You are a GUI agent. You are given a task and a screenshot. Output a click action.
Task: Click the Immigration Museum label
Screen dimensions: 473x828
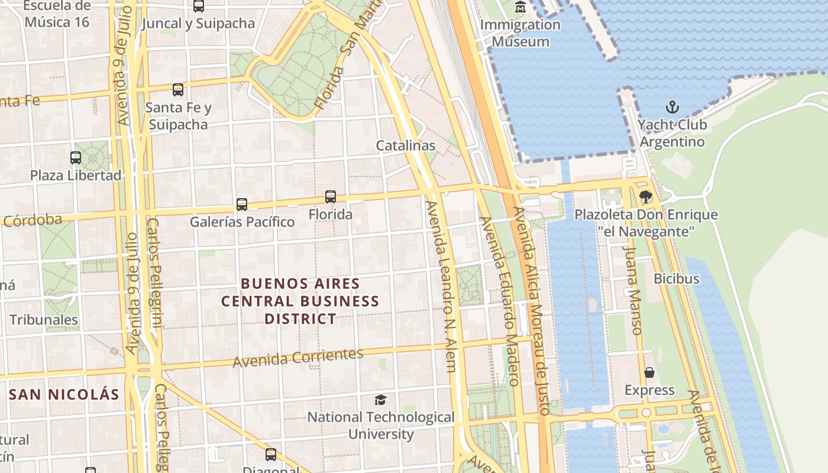[520, 33]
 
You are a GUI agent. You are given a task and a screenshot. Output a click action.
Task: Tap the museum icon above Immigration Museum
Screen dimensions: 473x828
[520, 7]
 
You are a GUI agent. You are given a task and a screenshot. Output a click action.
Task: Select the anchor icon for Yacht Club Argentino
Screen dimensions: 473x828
[672, 107]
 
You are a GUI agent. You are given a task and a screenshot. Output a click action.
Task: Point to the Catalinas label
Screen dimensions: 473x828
[406, 145]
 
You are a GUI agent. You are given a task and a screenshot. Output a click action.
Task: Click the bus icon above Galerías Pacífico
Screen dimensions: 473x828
[242, 205]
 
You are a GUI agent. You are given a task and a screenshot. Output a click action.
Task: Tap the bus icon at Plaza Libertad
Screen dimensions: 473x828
[76, 158]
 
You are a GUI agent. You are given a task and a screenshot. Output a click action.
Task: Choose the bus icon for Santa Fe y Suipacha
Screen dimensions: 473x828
[178, 90]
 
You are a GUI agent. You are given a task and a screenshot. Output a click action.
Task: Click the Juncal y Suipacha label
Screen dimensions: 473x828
[198, 24]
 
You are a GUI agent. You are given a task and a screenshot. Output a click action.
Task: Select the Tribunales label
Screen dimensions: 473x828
[44, 320]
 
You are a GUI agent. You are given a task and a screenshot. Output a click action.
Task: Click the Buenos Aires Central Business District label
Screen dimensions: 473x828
[300, 301]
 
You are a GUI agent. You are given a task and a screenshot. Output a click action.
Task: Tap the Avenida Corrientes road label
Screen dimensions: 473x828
[297, 357]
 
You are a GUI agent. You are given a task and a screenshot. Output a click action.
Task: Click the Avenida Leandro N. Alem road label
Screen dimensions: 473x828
[441, 286]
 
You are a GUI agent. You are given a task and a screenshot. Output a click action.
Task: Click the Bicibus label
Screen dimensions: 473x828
[677, 278]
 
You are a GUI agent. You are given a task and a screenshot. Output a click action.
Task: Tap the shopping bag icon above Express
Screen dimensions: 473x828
[649, 372]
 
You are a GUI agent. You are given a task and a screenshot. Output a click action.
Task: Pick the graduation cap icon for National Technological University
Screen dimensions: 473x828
[381, 400]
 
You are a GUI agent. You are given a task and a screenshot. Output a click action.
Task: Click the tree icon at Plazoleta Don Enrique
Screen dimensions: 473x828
[646, 197]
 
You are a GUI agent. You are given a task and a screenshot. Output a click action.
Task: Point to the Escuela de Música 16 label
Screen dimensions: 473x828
[57, 14]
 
